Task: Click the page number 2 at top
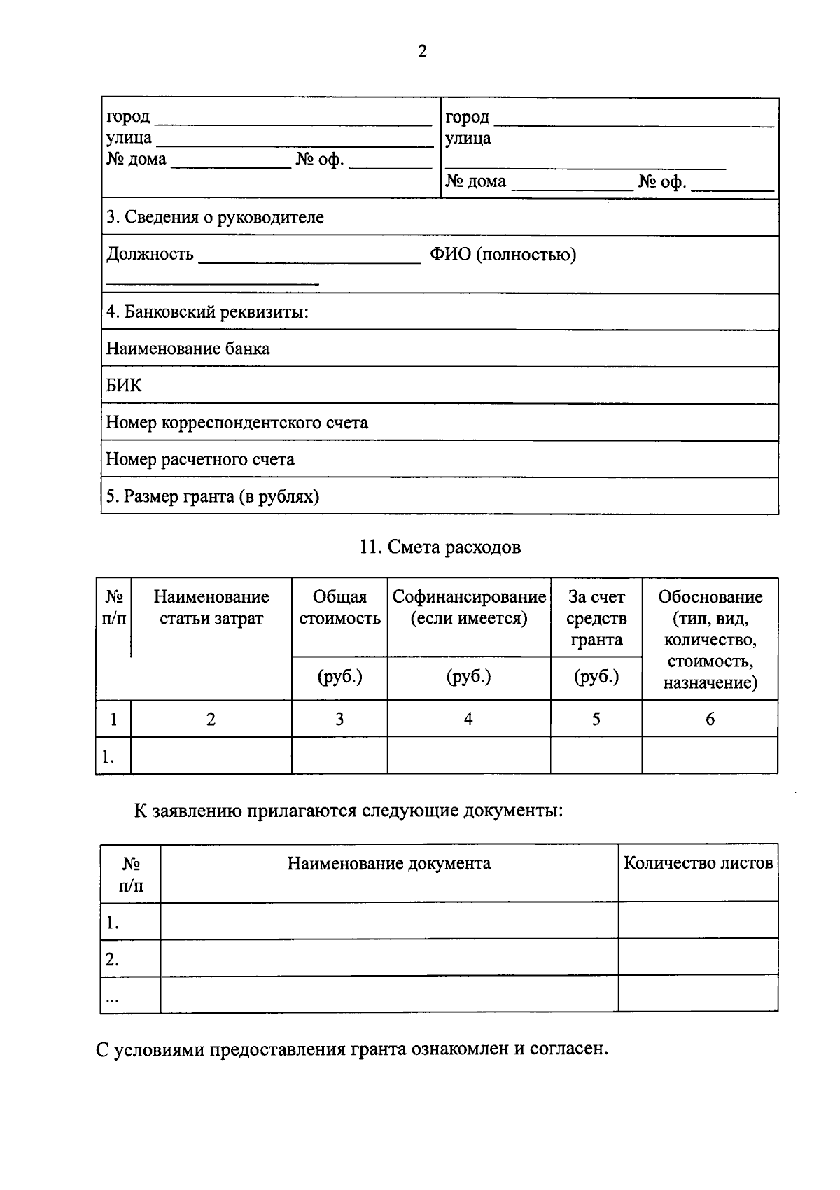click(x=421, y=52)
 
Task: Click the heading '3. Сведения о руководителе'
click(x=215, y=217)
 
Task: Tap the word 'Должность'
click(x=150, y=254)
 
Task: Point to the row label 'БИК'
click(x=123, y=386)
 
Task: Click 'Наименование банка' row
click(x=188, y=349)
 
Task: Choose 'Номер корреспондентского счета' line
click(x=237, y=423)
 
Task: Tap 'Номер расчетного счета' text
click(x=200, y=460)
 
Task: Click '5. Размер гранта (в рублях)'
click(x=213, y=497)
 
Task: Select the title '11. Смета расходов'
click(x=440, y=547)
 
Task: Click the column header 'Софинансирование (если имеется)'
click(x=469, y=608)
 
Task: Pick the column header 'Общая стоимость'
click(x=339, y=608)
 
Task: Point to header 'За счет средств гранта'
click(x=596, y=618)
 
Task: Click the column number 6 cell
click(x=710, y=719)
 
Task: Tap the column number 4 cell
click(x=468, y=719)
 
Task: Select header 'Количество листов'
click(x=698, y=863)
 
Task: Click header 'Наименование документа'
click(x=389, y=863)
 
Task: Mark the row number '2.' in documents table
click(x=112, y=960)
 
